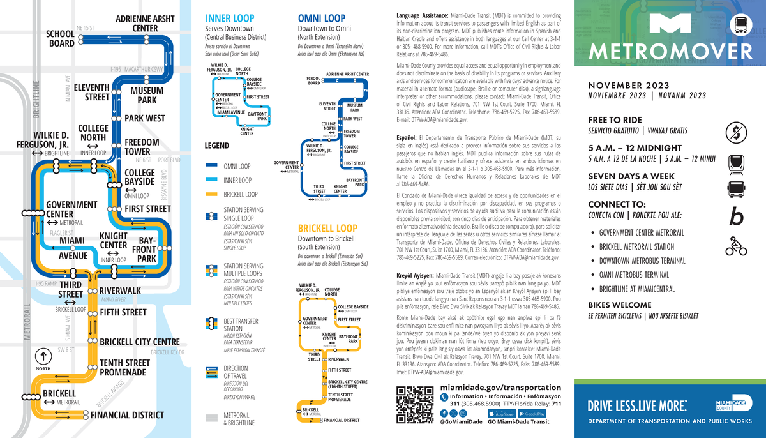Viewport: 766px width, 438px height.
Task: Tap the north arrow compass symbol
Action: (43, 356)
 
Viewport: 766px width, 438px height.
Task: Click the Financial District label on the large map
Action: (127, 415)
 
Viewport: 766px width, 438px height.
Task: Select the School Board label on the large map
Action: (61, 38)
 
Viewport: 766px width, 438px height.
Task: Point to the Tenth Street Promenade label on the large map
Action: (124, 367)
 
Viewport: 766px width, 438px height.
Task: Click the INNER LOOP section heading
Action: (229, 18)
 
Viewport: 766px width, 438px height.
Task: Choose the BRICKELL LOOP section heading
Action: (327, 228)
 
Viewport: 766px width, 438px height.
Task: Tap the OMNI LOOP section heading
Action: (322, 18)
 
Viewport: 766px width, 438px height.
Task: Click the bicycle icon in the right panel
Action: (736, 246)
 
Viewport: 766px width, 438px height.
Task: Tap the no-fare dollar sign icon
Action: (736, 133)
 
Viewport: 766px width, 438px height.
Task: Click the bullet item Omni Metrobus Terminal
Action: (634, 275)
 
